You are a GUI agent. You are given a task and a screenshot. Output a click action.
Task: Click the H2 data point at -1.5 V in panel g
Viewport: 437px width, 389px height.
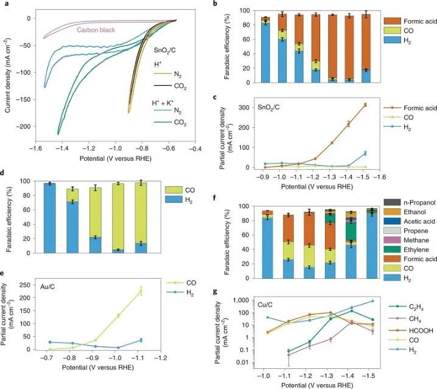point(372,301)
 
